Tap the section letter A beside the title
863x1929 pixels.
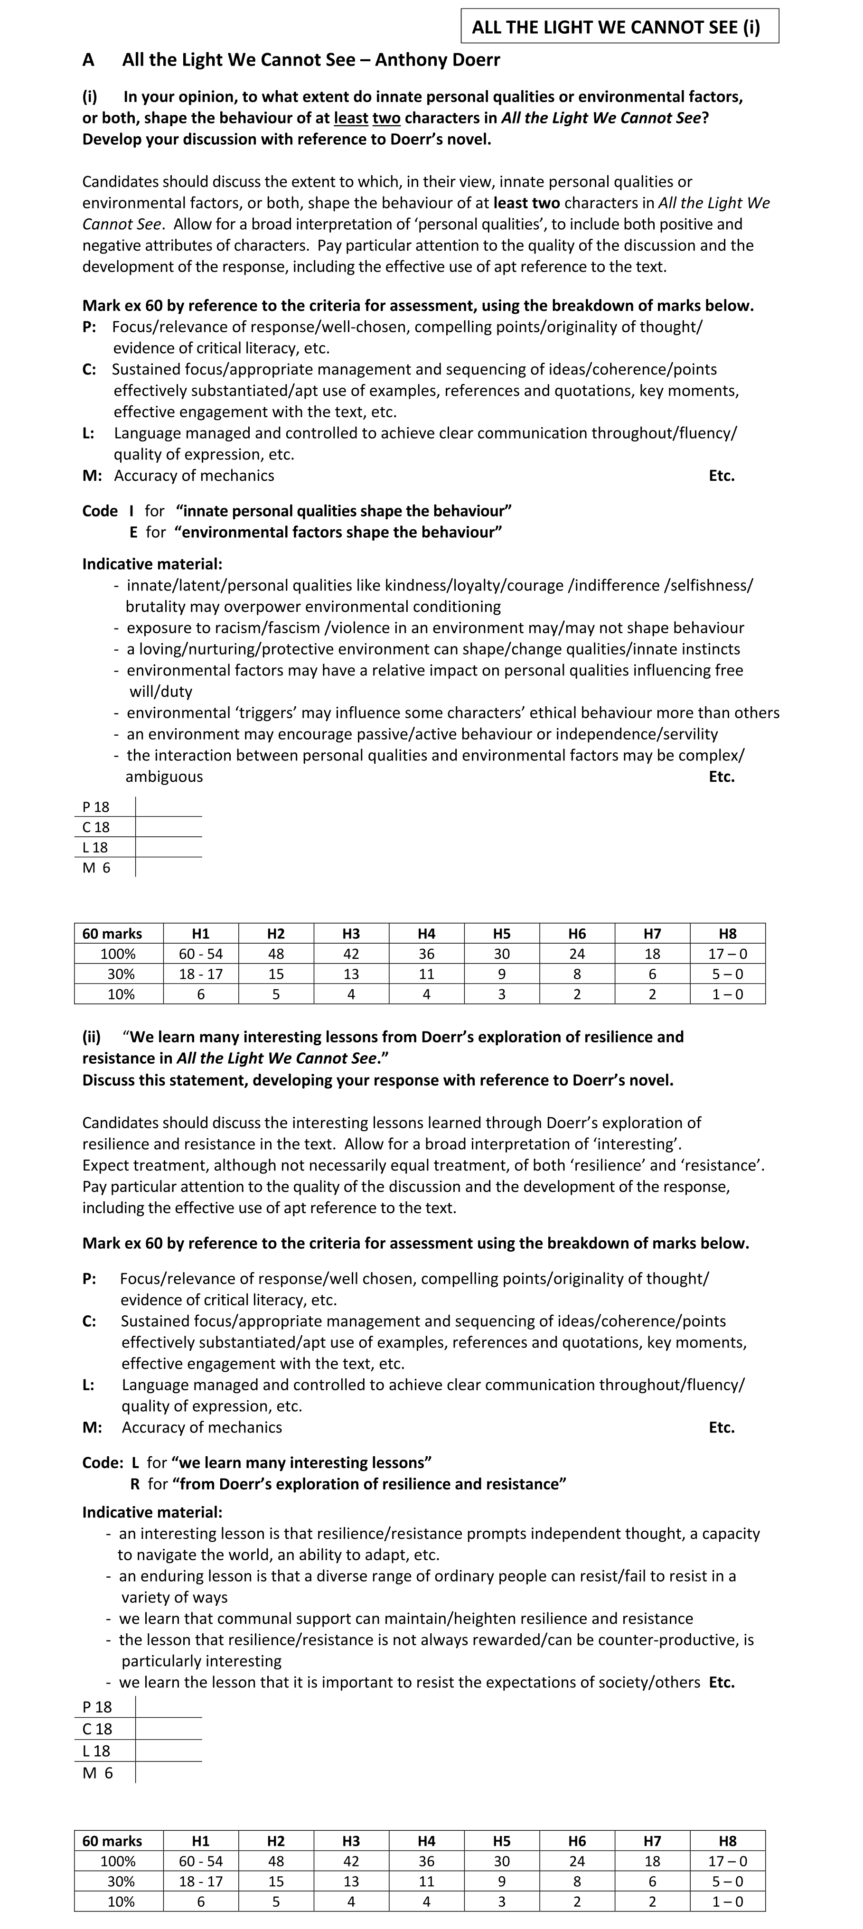(88, 60)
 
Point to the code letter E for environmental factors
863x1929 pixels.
(133, 533)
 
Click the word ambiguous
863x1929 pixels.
(164, 777)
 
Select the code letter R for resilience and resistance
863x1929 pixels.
(135, 1483)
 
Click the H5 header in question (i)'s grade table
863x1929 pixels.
(501, 934)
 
